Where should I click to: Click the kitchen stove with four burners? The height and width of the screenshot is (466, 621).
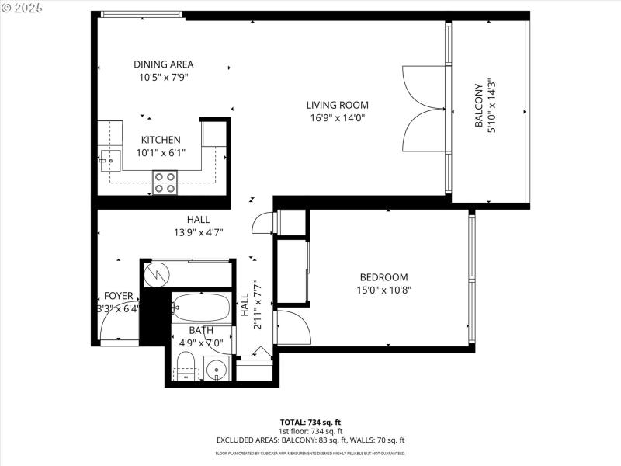pyautogui.click(x=165, y=182)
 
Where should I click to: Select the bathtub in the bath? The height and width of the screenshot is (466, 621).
pyautogui.click(x=200, y=309)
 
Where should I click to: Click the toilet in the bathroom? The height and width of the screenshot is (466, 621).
pyautogui.click(x=186, y=365)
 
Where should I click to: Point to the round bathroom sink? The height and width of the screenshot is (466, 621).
pyautogui.click(x=217, y=369)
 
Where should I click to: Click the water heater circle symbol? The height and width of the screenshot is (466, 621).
pyautogui.click(x=158, y=273)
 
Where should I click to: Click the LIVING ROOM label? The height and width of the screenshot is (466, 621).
pyautogui.click(x=337, y=105)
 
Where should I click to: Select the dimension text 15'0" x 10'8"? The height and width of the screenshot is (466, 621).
pyautogui.click(x=383, y=290)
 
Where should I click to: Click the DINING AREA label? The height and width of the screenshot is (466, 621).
pyautogui.click(x=163, y=64)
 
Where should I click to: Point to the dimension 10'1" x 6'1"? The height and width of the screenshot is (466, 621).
pyautogui.click(x=161, y=152)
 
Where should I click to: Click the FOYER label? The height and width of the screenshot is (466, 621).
pyautogui.click(x=119, y=296)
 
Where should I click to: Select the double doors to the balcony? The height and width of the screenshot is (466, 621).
pyautogui.click(x=423, y=109)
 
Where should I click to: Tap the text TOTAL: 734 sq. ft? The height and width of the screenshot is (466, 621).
pyautogui.click(x=310, y=422)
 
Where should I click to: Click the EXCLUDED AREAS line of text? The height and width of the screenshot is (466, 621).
pyautogui.click(x=310, y=440)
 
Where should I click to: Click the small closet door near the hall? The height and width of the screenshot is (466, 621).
pyautogui.click(x=264, y=223)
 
